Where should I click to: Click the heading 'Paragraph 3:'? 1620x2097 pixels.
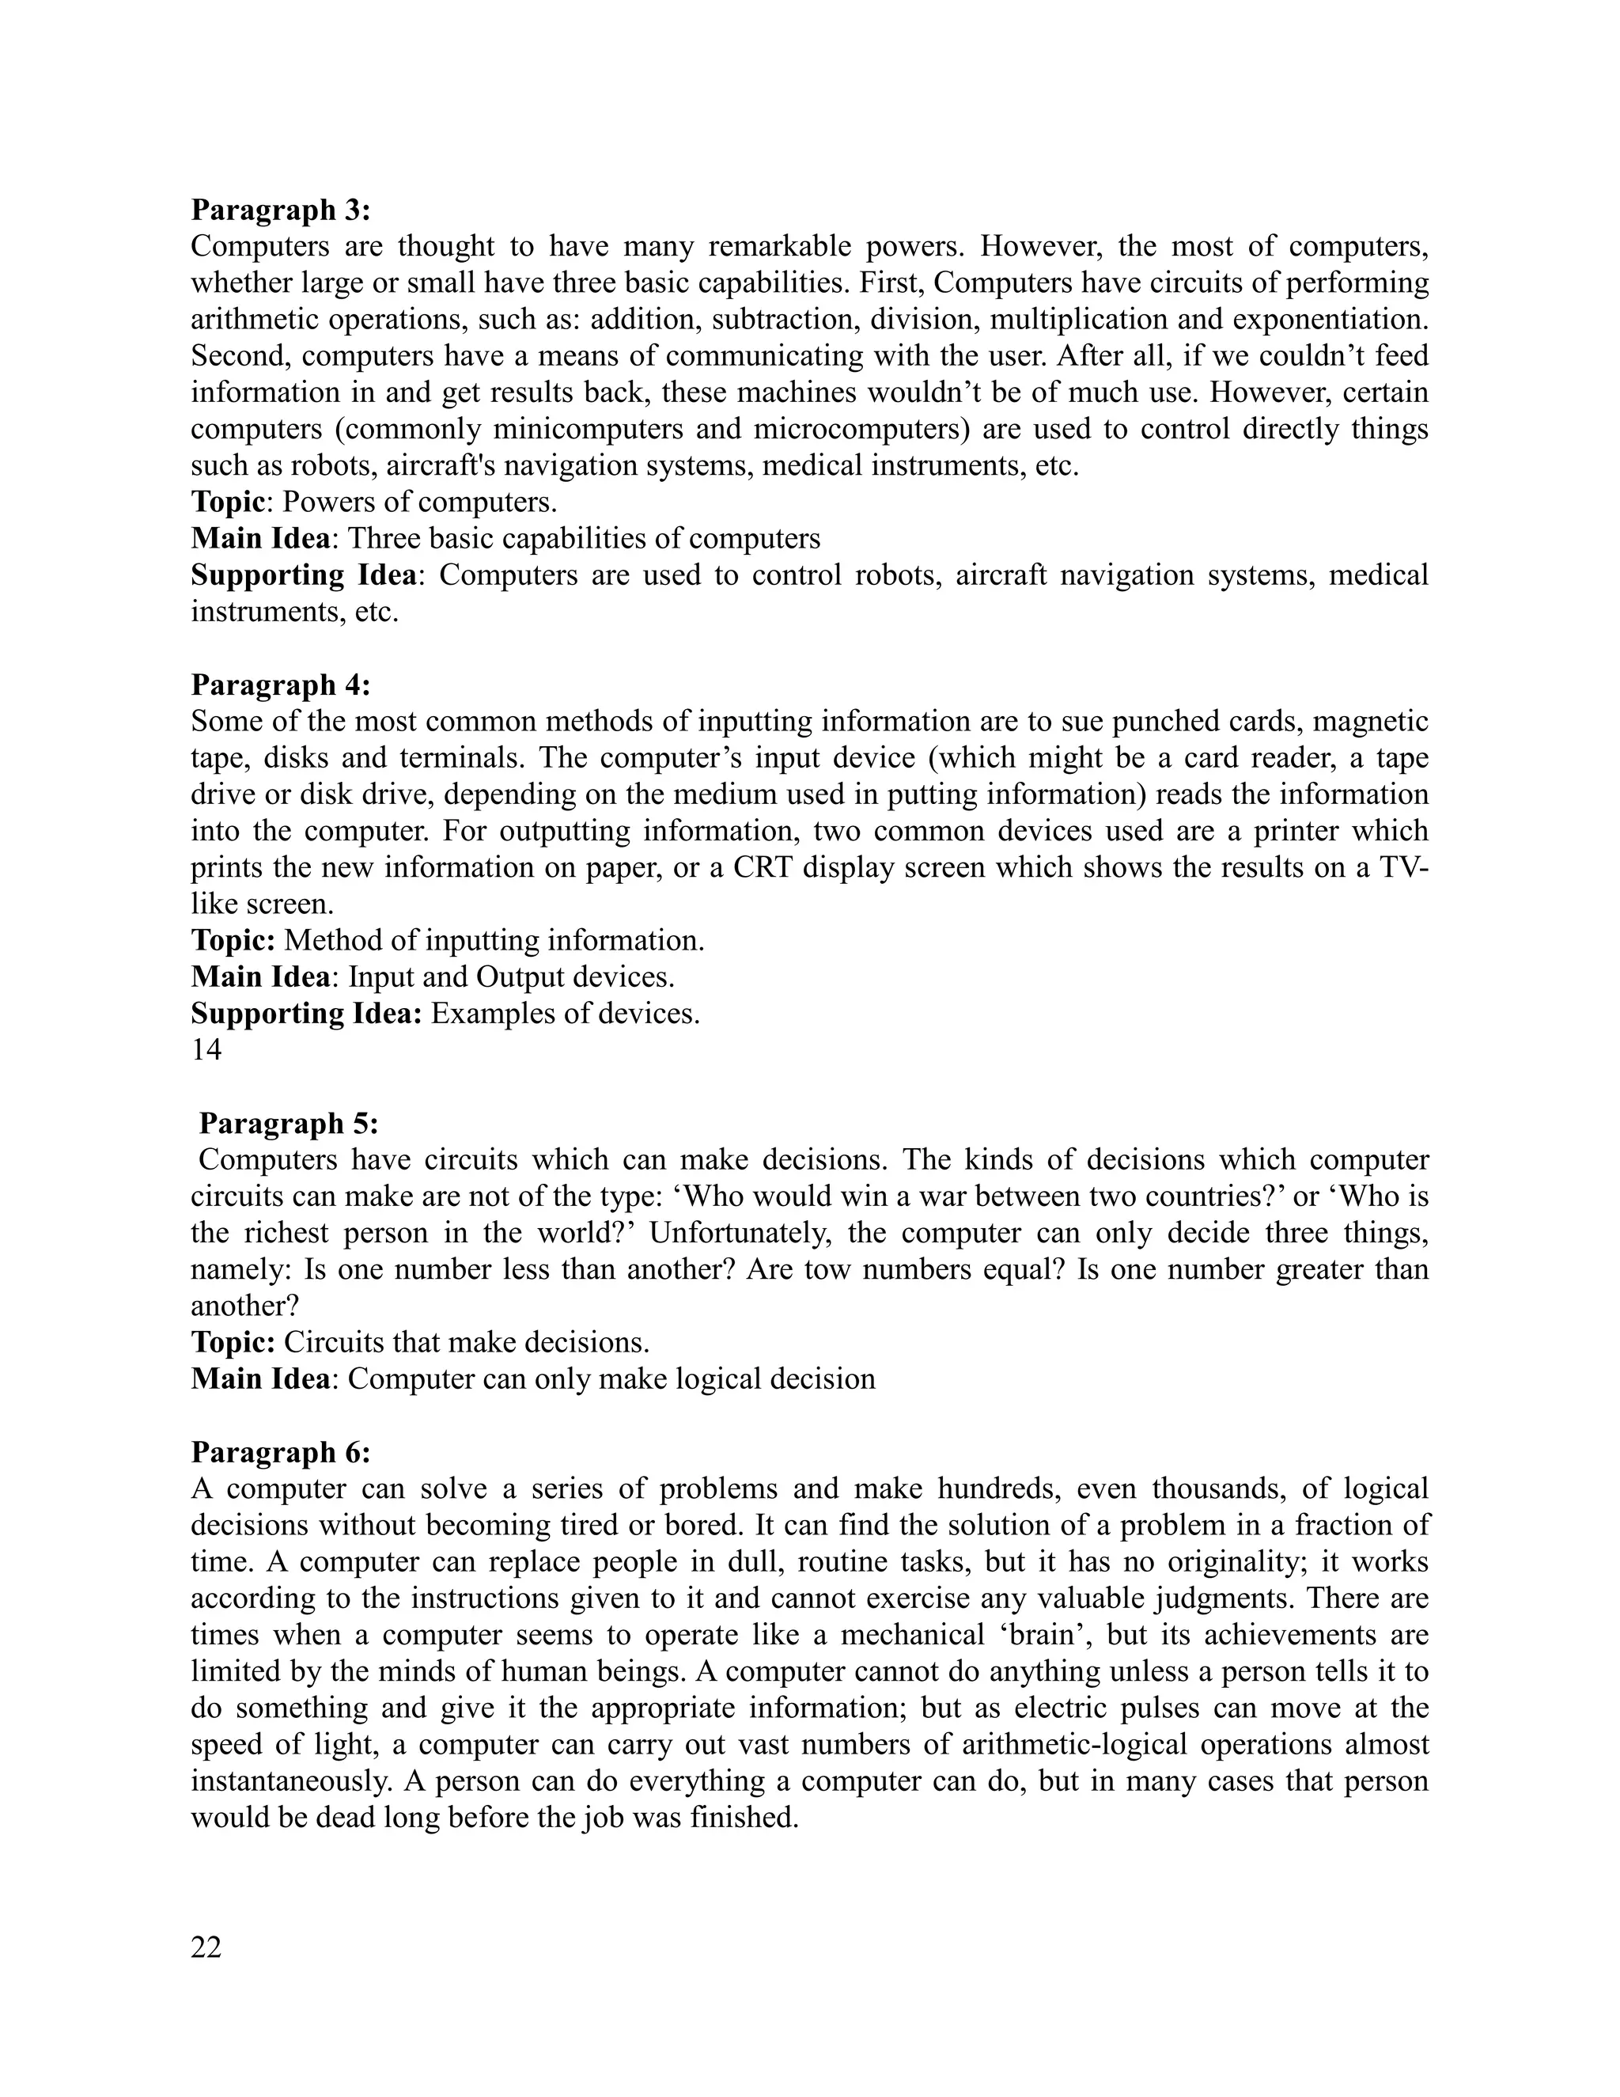(280, 210)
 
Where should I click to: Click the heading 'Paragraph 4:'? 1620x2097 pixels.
(280, 684)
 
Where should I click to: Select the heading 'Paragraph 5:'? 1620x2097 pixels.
(288, 1124)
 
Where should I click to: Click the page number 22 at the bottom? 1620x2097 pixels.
(206, 1947)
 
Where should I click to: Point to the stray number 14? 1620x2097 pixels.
(206, 1050)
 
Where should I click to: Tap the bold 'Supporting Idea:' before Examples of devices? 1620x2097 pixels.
(306, 1014)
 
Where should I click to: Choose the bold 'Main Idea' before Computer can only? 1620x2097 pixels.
(260, 1378)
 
